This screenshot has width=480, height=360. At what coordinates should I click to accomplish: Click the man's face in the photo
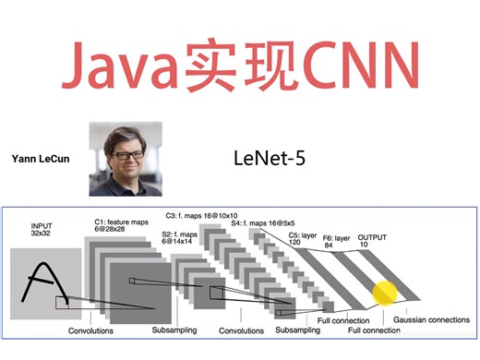click(127, 149)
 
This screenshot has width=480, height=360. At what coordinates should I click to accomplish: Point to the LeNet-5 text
click(270, 158)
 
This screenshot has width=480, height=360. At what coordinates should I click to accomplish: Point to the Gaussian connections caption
click(432, 320)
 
